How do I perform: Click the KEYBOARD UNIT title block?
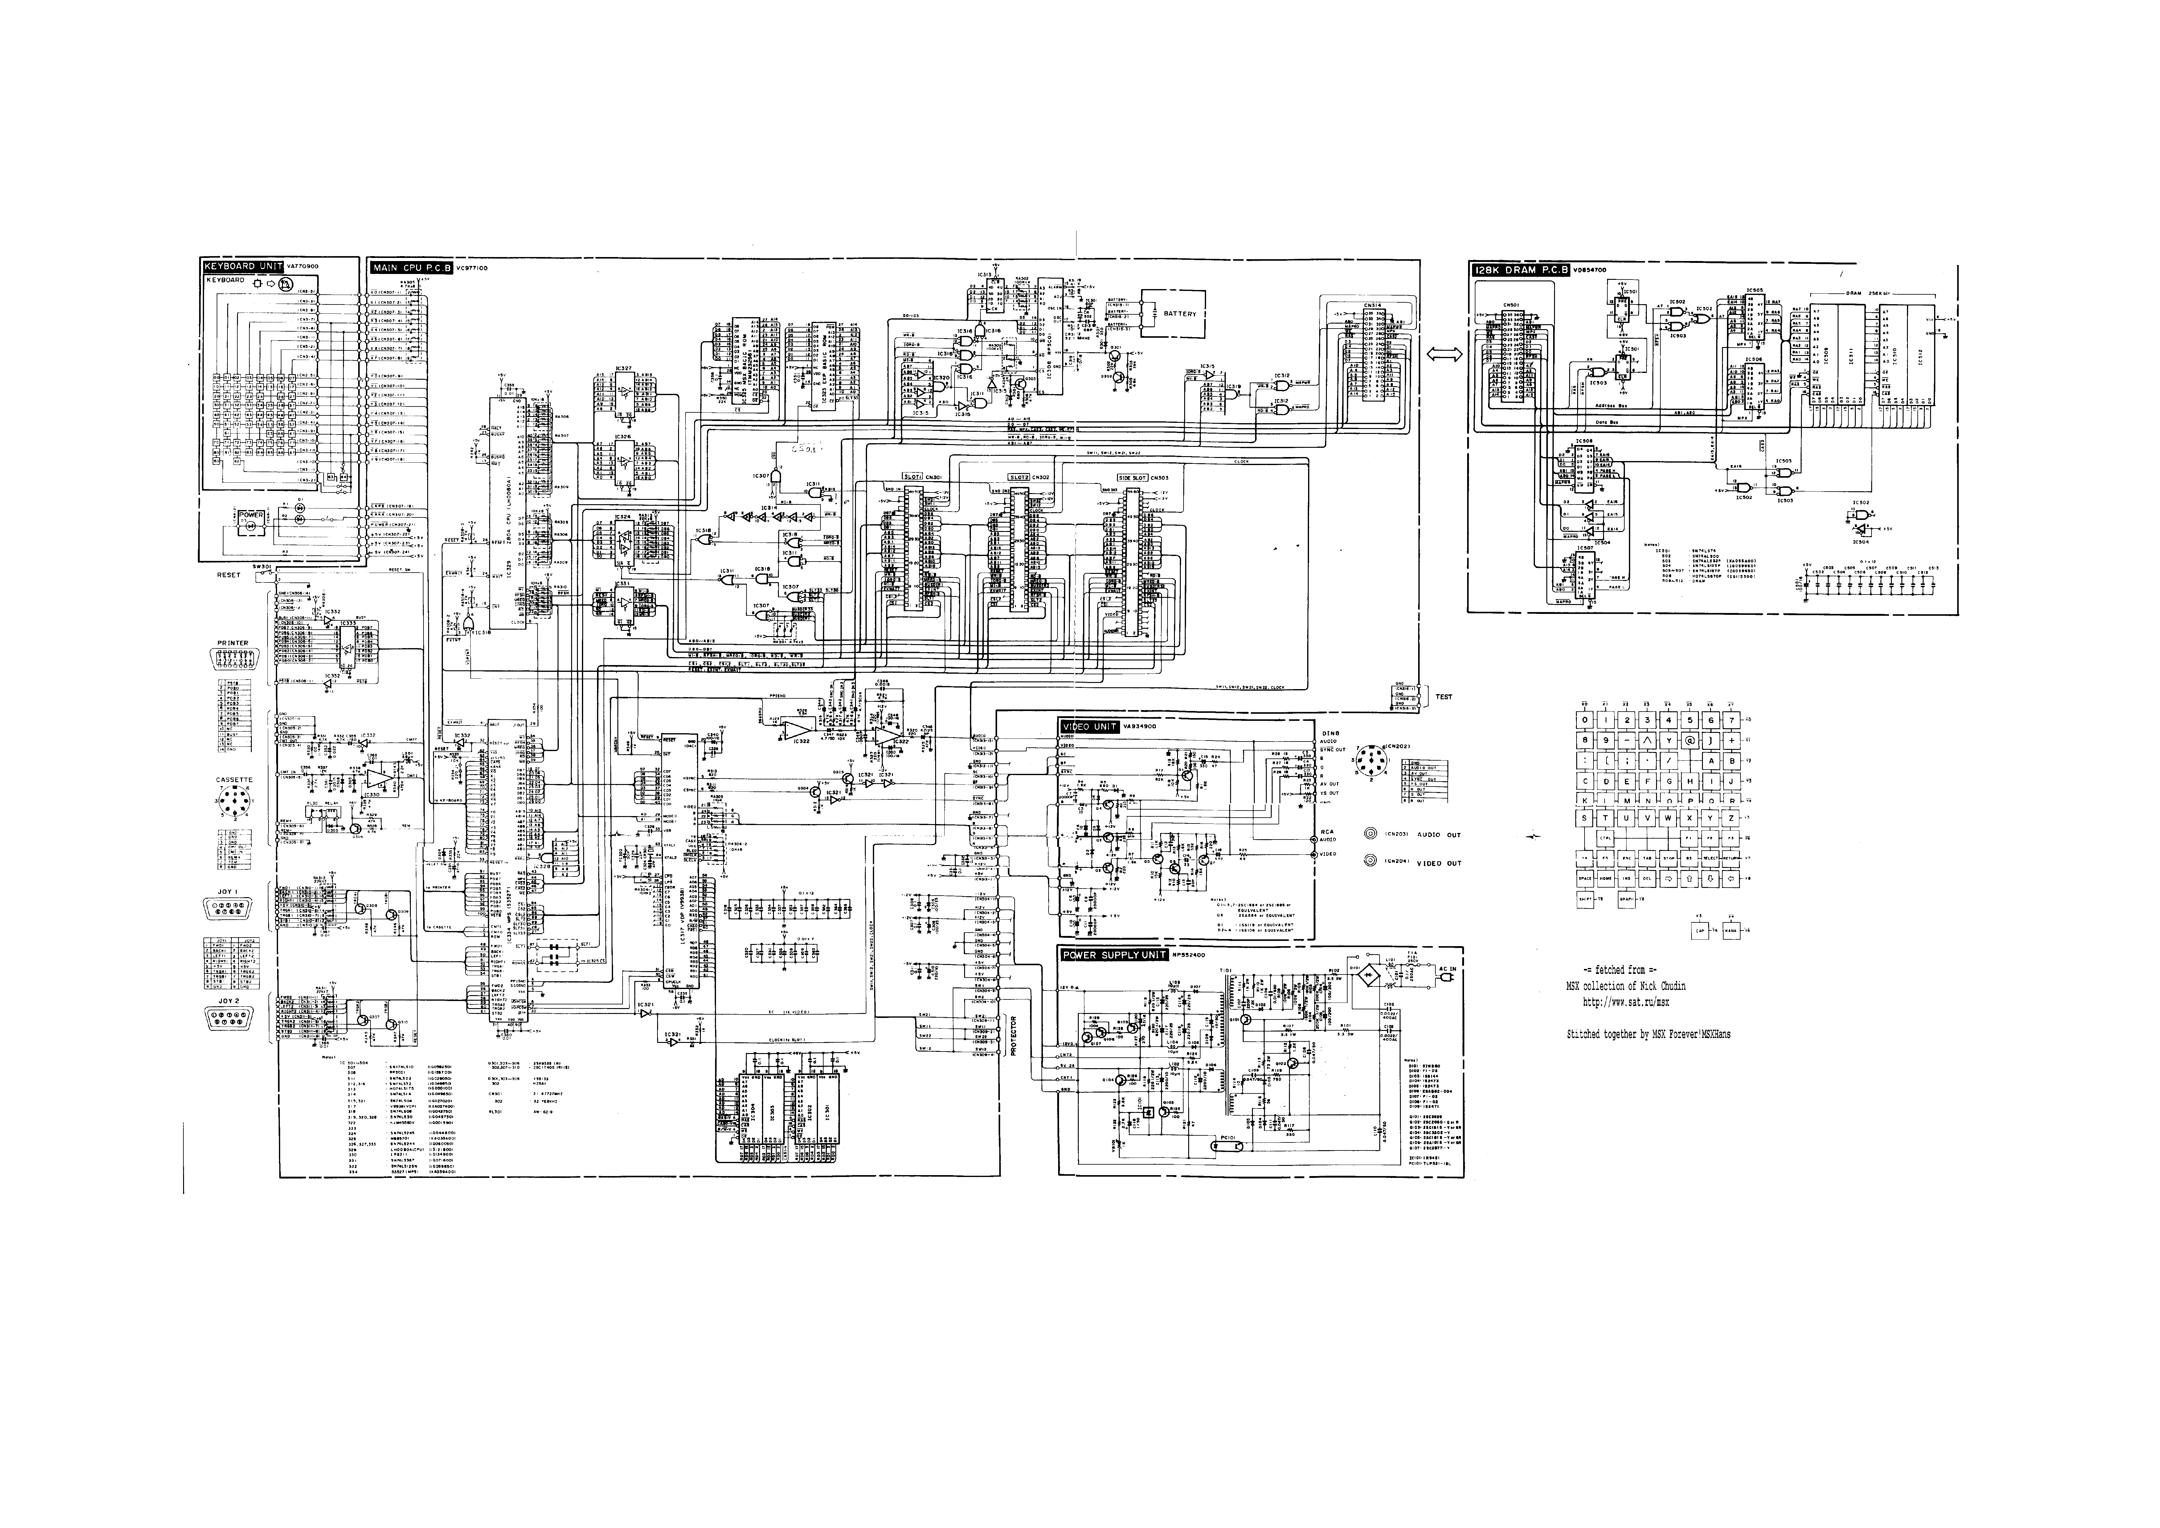point(243,266)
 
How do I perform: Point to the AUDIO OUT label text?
point(1439,835)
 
